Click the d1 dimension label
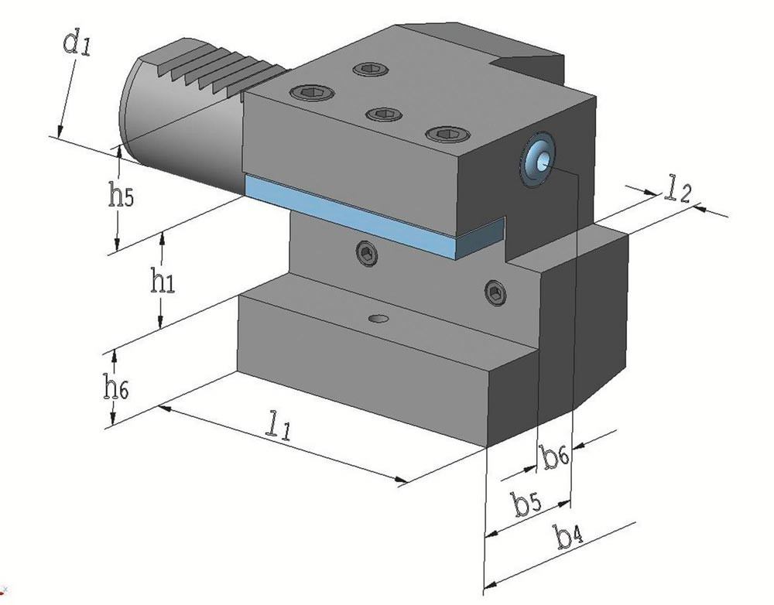pos(77,43)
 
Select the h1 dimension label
pos(163,282)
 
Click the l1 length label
pos(277,425)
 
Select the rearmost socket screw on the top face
pos(368,70)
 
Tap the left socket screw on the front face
pos(367,253)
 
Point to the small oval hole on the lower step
pos(378,318)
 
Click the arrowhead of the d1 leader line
pos(59,131)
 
